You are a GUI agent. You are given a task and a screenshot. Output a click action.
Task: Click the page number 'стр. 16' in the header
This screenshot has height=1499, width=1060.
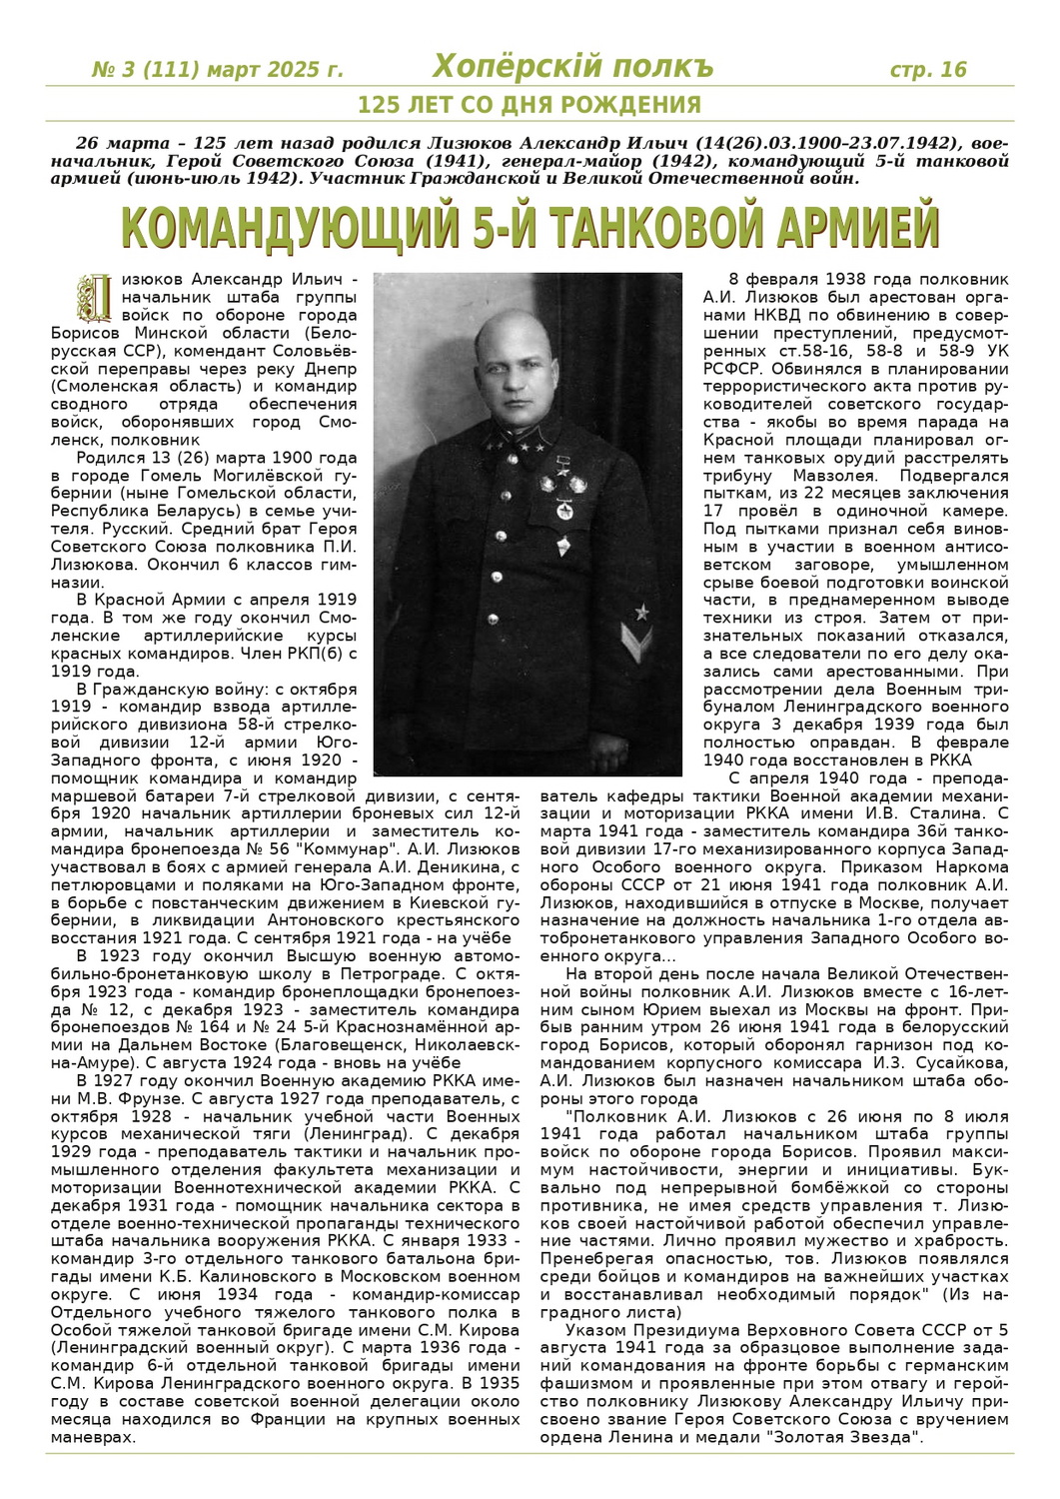point(928,69)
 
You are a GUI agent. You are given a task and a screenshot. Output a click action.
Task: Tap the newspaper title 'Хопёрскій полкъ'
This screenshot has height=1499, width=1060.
point(573,67)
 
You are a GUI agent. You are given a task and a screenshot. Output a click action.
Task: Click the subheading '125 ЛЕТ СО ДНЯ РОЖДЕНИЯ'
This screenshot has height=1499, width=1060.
point(530,105)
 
